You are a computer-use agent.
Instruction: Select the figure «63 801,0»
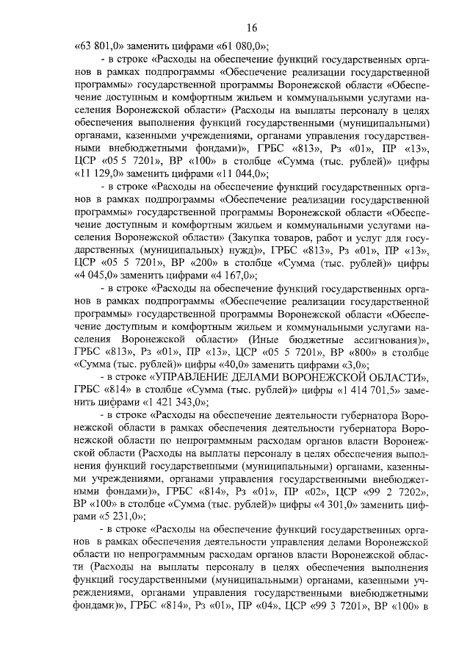[x=99, y=43]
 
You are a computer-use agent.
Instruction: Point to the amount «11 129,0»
[x=101, y=174]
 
